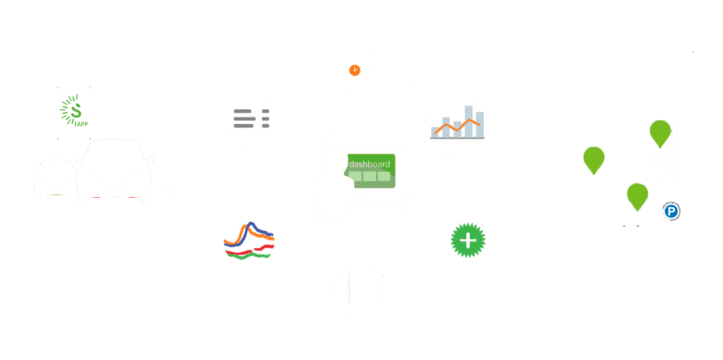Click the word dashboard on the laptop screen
369,164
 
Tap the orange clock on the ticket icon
355,70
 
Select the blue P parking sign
671,211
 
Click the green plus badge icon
468,240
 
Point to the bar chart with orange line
457,125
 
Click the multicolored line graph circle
249,241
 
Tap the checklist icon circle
252,119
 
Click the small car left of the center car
55,179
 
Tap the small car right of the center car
173,179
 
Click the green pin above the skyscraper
660,132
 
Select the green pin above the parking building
637,195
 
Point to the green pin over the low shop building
593,158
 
